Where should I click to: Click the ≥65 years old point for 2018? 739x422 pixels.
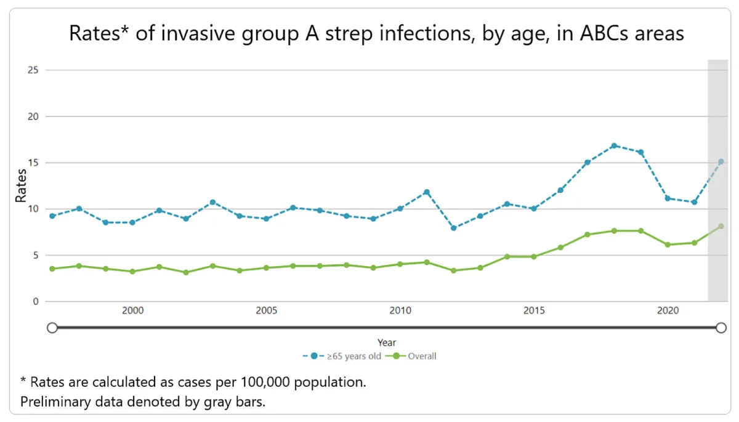click(x=614, y=146)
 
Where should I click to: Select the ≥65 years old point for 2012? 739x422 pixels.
click(x=453, y=228)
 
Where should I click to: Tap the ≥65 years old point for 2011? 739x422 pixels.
click(x=427, y=192)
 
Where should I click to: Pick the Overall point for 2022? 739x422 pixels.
click(x=721, y=227)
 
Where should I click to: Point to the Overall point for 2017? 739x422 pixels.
click(x=588, y=235)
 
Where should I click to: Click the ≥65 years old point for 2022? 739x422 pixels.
click(x=721, y=162)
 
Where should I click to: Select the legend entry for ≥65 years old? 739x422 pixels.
click(x=345, y=356)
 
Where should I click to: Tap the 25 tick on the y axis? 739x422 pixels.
click(x=33, y=70)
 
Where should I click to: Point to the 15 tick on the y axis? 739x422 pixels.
click(x=33, y=163)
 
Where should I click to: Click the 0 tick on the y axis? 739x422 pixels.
click(x=36, y=301)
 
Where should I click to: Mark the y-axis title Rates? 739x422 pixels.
click(x=21, y=186)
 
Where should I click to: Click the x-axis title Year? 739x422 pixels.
click(x=387, y=343)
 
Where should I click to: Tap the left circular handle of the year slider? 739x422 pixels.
click(x=52, y=328)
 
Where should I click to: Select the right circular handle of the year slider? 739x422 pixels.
click(x=721, y=328)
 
